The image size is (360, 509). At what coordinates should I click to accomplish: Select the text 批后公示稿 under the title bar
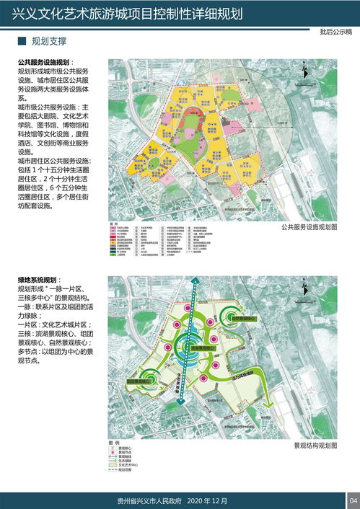coord(335,32)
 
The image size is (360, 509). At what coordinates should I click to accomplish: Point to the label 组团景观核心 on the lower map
coord(141,381)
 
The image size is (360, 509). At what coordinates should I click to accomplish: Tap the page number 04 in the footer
coord(353,501)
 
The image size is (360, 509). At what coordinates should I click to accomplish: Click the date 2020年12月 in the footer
coord(207,501)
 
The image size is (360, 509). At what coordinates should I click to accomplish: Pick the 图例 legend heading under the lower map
coord(113,442)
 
